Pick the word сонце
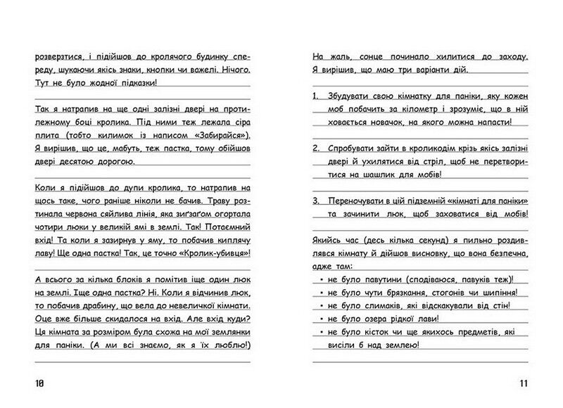[x=357, y=56]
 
